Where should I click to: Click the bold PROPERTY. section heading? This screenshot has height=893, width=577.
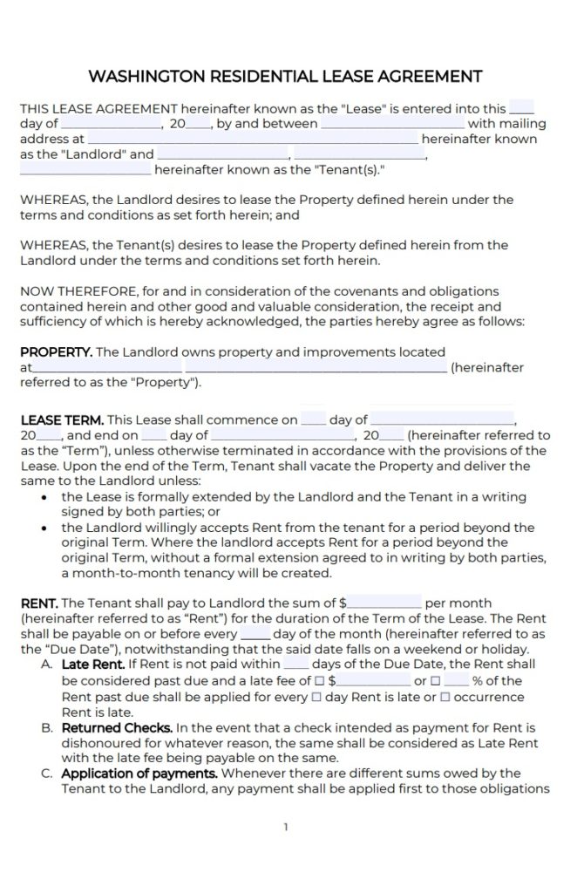(56, 351)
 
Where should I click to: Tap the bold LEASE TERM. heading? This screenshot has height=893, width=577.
(61, 419)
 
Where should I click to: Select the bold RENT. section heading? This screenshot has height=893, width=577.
(39, 603)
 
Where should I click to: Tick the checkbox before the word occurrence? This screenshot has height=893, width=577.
(445, 697)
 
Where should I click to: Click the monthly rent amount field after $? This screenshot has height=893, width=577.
(384, 603)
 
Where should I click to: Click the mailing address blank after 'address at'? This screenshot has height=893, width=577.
(252, 139)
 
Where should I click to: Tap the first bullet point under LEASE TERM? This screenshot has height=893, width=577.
(44, 497)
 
